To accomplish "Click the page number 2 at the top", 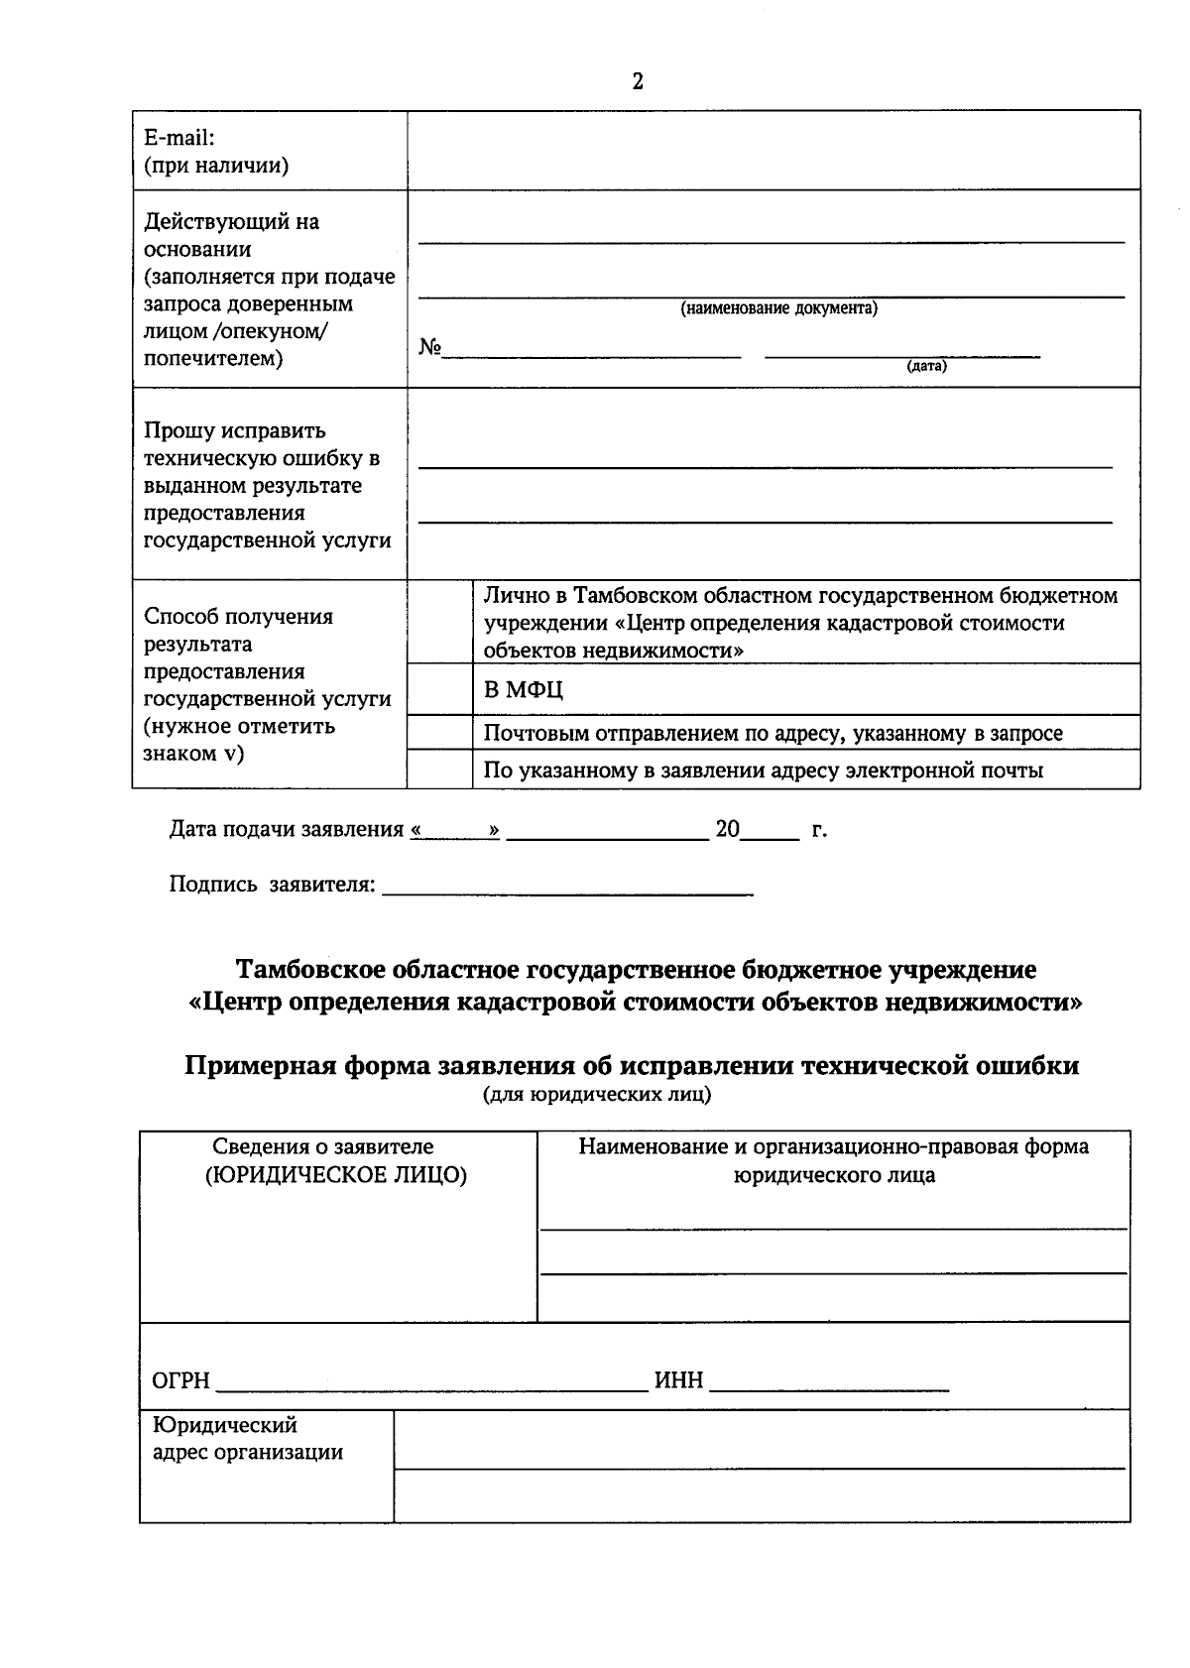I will [x=638, y=81].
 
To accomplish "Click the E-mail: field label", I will [x=179, y=139].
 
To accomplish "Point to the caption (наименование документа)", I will [x=778, y=308].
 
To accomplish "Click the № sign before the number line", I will [x=429, y=348].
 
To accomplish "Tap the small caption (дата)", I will [x=926, y=366].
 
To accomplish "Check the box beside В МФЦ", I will [x=439, y=688].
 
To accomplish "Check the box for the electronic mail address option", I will [x=439, y=769].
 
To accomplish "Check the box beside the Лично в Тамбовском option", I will [x=439, y=622].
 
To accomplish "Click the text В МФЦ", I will [x=524, y=690].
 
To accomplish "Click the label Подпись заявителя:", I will [x=272, y=885].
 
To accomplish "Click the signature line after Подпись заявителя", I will [x=567, y=891].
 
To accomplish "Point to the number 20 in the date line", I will [x=727, y=830].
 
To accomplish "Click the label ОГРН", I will [x=180, y=1380].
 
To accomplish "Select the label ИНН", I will [x=678, y=1380].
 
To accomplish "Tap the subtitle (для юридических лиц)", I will [x=596, y=1096].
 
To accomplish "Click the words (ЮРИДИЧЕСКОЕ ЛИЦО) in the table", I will [x=336, y=1175].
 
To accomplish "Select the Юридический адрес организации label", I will [x=248, y=1439].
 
